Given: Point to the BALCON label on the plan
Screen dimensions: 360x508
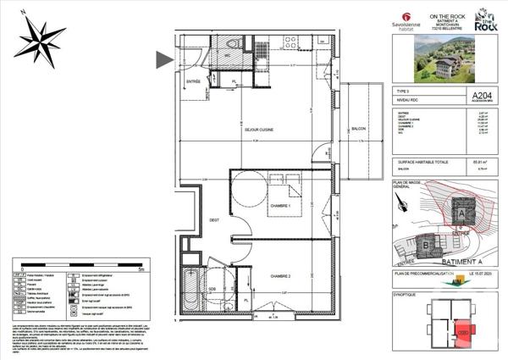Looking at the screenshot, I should point(358,130).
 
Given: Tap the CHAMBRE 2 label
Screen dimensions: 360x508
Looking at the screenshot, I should point(281,276).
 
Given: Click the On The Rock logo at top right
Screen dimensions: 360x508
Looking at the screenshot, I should point(485,20).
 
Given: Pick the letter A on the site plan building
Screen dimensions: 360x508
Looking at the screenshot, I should point(461,215).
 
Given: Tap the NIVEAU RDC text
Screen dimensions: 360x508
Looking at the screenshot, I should point(409,101).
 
